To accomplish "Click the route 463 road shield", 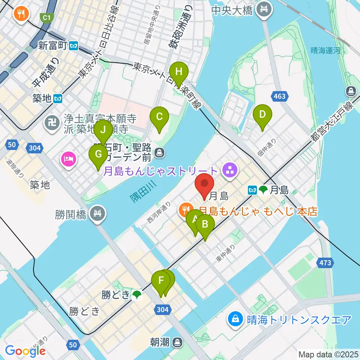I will (x=280, y=96).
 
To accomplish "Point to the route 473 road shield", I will (x=325, y=262).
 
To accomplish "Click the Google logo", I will (x=25, y=351).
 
